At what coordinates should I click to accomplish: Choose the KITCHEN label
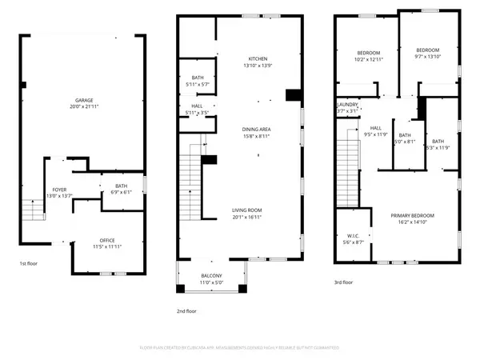258,59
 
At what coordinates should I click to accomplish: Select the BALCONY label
211,276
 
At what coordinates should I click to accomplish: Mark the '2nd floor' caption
186,311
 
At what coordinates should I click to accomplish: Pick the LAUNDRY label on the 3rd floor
346,105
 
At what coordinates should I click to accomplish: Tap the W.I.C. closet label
353,235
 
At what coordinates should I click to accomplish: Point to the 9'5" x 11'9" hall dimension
374,134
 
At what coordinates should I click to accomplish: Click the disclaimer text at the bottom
240,348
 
